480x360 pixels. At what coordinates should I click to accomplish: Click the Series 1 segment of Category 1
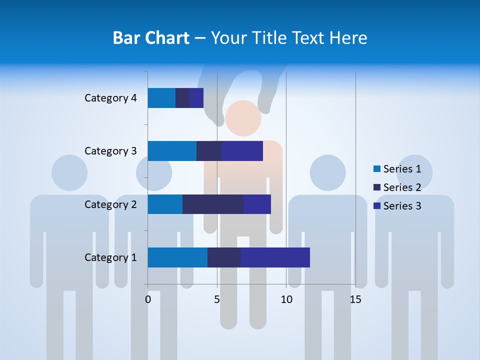click(177, 257)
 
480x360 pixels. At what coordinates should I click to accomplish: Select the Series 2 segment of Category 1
click(224, 257)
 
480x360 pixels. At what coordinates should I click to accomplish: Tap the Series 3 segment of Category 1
click(275, 257)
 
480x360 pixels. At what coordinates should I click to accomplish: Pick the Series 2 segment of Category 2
click(213, 204)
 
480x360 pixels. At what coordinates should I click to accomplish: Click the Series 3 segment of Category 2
click(257, 204)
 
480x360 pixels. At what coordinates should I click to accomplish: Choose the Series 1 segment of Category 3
click(172, 151)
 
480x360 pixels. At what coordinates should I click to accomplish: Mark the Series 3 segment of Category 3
click(242, 151)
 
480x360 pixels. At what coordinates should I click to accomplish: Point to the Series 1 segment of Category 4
click(161, 98)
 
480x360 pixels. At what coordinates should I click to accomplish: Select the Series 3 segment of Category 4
click(196, 98)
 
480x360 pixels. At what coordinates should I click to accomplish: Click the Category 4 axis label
click(110, 98)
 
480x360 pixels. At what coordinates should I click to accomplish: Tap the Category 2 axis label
click(110, 204)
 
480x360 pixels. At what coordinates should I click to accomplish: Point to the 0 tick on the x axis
click(148, 299)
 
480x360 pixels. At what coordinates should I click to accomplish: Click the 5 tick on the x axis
click(217, 299)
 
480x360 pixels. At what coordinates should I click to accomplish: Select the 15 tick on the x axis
click(355, 299)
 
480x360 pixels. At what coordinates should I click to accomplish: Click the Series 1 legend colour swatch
click(377, 169)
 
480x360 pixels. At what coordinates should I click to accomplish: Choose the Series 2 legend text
click(402, 187)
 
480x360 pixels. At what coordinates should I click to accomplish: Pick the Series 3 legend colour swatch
click(377, 206)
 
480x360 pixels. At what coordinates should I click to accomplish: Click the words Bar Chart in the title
click(151, 38)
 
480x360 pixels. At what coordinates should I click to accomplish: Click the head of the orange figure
click(243, 118)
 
